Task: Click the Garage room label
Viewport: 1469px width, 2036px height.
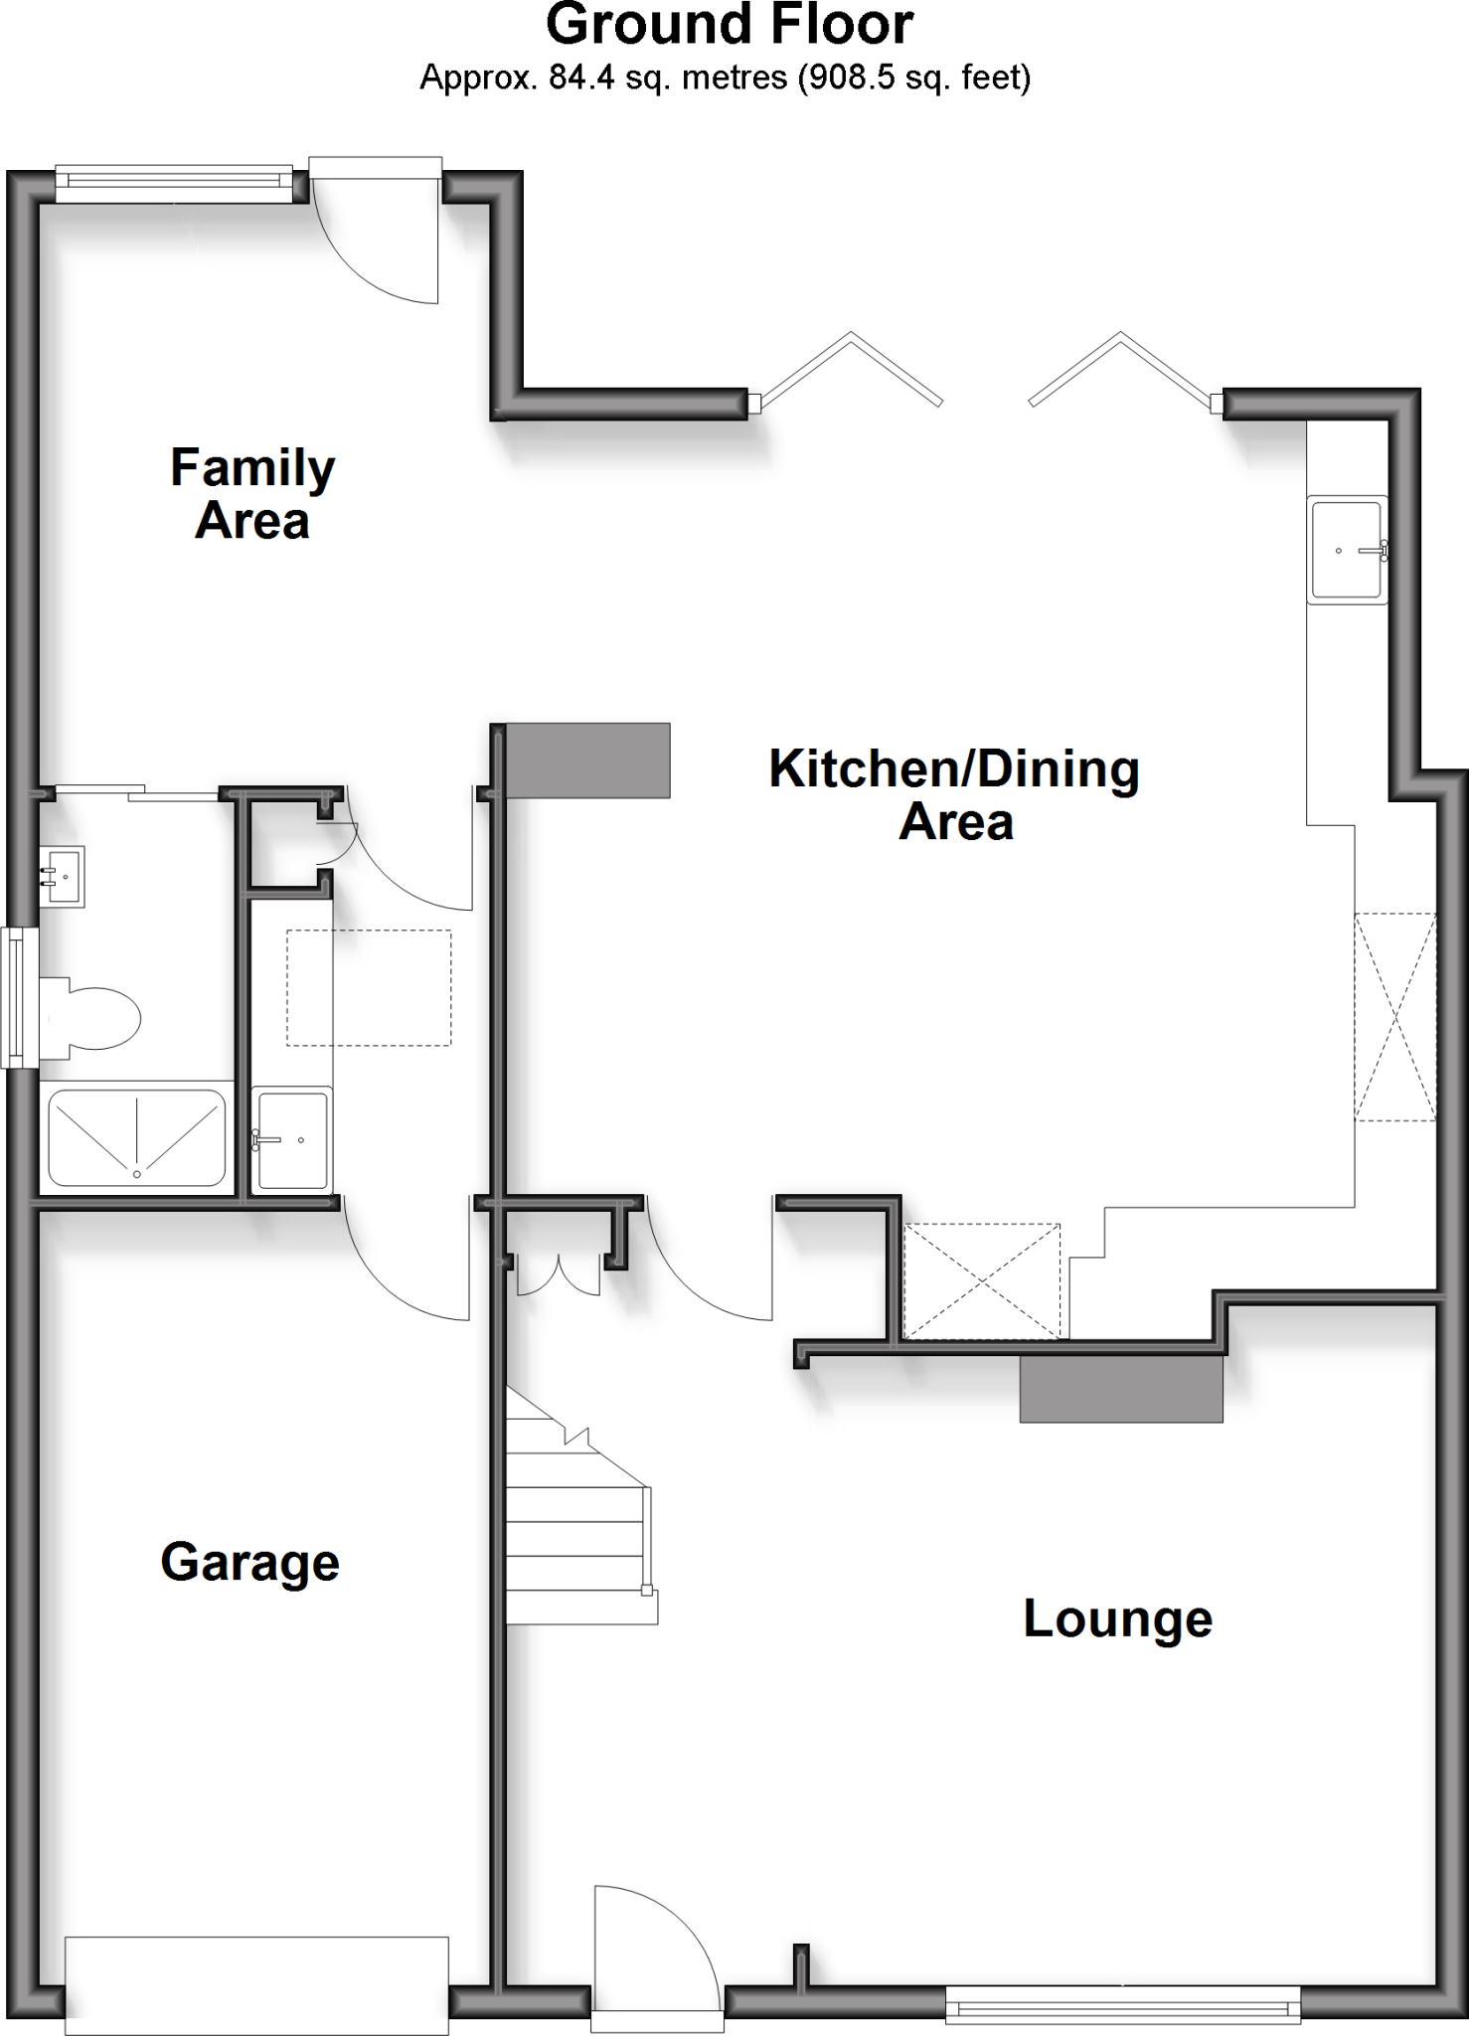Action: pos(249,1562)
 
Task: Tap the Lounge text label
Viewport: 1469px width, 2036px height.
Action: pos(1117,1618)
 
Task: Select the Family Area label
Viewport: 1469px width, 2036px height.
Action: pos(252,494)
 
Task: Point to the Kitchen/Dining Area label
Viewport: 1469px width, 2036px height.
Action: pos(954,794)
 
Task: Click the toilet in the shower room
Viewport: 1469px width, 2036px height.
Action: pos(91,1016)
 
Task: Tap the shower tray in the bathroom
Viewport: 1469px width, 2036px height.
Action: pos(137,1137)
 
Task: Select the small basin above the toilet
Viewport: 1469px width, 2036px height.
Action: pos(64,876)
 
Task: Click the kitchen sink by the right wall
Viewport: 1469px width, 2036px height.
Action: pos(1348,550)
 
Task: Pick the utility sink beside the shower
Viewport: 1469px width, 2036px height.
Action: pos(291,1139)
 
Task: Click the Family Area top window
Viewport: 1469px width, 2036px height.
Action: pos(174,183)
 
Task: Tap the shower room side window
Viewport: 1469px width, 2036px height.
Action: pos(17,995)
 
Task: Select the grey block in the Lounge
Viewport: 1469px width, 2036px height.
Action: pos(1121,1388)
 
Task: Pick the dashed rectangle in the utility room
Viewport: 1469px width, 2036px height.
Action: pos(369,987)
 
